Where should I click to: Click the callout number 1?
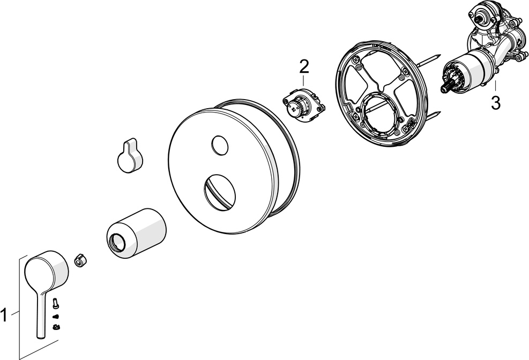(4, 316)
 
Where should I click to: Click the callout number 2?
(304, 67)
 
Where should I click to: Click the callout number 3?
(496, 103)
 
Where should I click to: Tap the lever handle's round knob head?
(47, 272)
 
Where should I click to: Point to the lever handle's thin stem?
(41, 314)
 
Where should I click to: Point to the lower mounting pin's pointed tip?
(440, 112)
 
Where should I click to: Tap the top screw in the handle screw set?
(56, 303)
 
